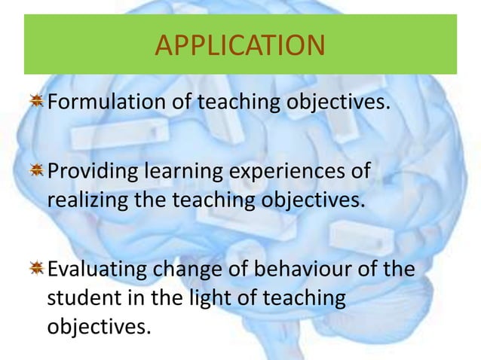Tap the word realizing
[x=84, y=201]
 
